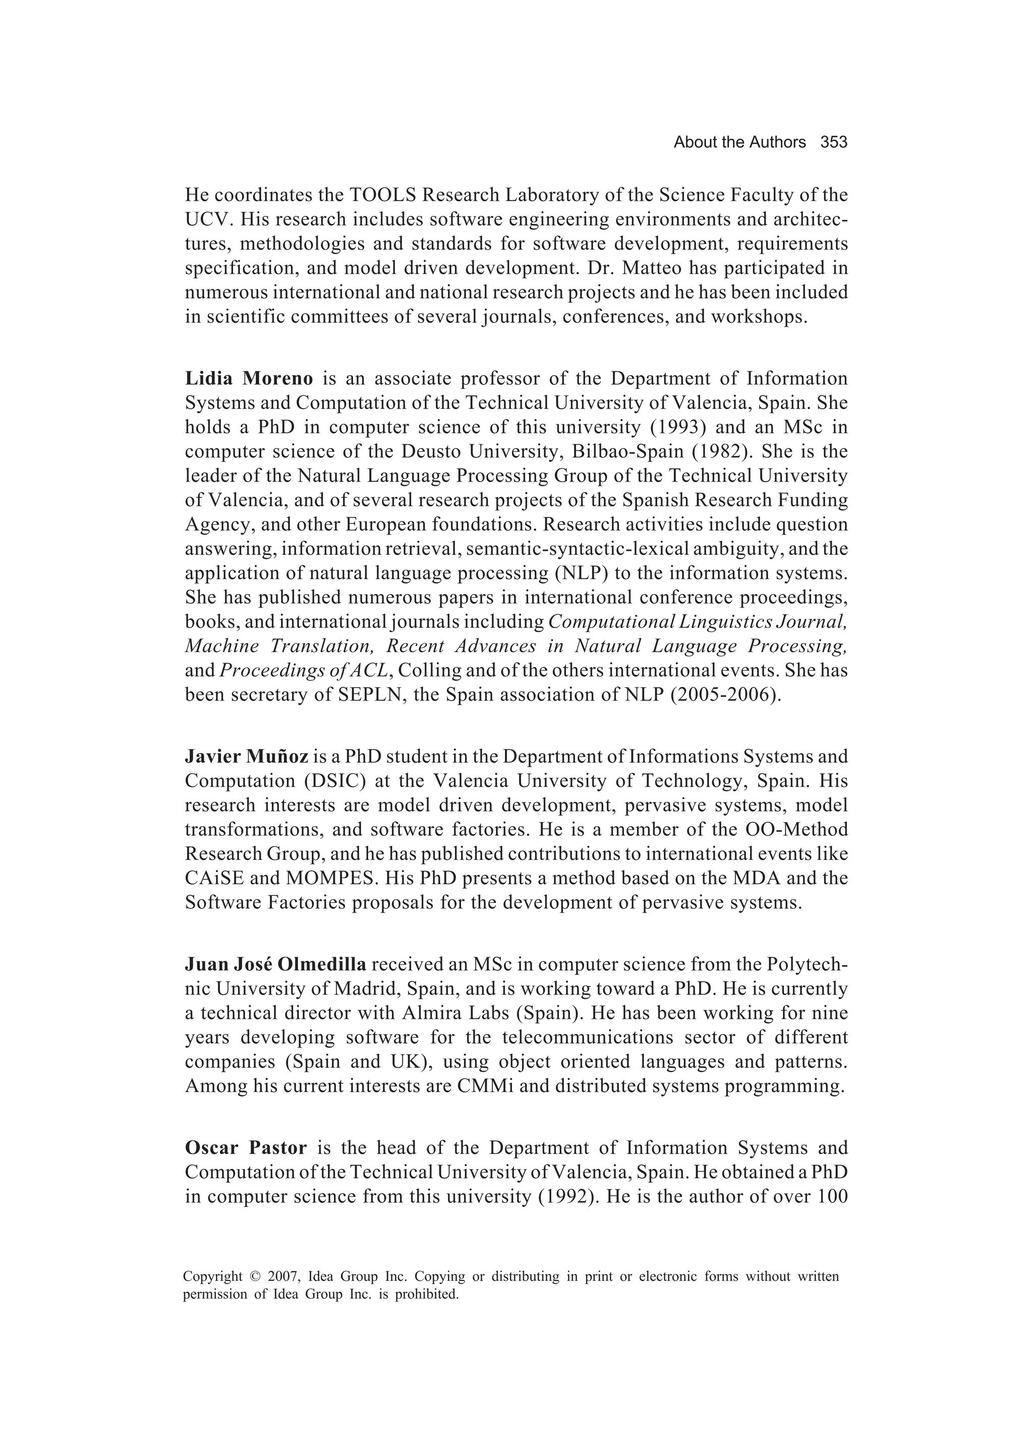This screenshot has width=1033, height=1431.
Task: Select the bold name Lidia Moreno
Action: point(249,379)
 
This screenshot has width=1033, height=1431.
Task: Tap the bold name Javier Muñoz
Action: point(246,756)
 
